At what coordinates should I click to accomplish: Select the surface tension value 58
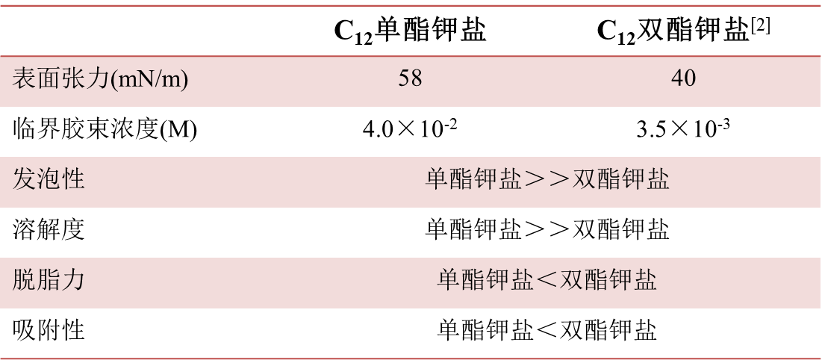[410, 78]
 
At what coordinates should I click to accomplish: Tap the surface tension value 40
[683, 78]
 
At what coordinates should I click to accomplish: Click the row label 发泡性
[49, 179]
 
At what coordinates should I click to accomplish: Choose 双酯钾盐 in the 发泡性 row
[621, 180]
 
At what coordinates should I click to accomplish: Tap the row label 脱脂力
[49, 280]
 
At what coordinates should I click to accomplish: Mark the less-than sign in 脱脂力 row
[547, 280]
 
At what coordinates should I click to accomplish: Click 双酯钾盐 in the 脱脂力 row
[609, 280]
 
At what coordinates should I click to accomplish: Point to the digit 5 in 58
[404, 78]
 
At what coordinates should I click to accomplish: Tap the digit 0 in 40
[690, 78]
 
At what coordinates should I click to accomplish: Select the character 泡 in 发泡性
[49, 179]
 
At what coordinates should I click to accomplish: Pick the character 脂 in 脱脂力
[49, 280]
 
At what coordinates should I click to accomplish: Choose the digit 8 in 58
[416, 78]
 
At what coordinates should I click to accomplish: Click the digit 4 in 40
[677, 78]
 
